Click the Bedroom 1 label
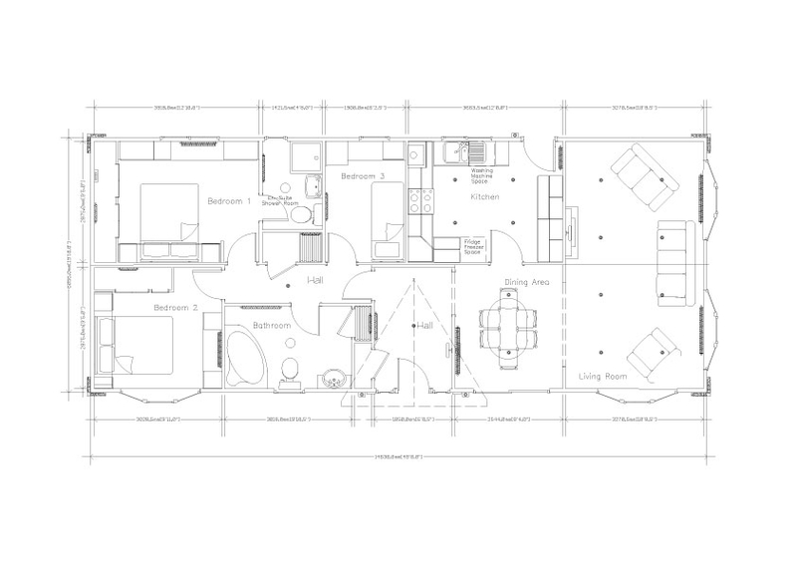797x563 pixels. (x=228, y=201)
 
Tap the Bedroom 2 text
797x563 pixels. (x=174, y=308)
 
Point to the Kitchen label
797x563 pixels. (x=484, y=197)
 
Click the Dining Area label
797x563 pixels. (x=527, y=283)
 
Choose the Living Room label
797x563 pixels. (x=603, y=376)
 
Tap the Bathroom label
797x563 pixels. (x=271, y=326)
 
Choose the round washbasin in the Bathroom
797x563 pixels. (x=331, y=379)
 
